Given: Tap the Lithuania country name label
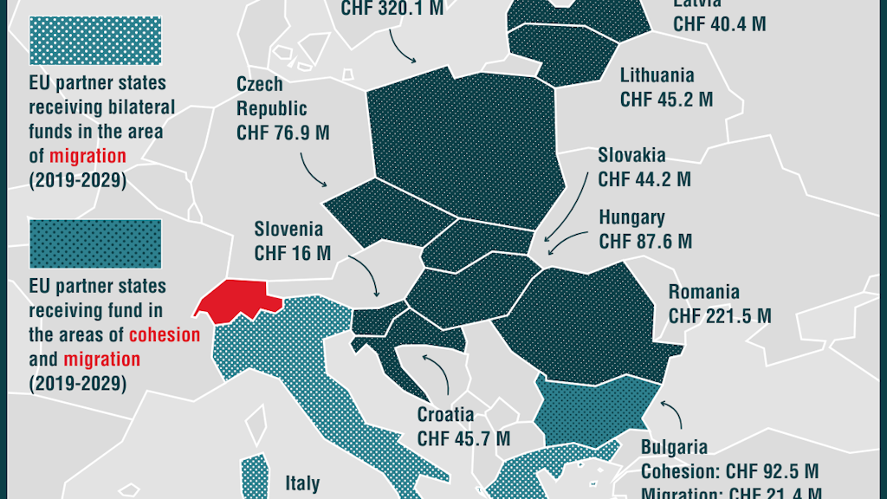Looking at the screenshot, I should (657, 75).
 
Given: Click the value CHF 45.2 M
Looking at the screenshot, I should (666, 100).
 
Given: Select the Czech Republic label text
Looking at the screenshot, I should (272, 96).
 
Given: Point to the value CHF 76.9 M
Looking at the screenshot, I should (282, 133).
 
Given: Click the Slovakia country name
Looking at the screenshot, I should (631, 156).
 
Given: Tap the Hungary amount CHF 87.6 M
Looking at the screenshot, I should (645, 242).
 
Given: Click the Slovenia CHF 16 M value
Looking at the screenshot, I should (292, 253).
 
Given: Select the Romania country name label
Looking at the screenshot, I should (703, 291).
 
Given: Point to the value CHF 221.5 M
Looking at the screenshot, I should (719, 315).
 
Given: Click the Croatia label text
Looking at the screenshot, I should (445, 414).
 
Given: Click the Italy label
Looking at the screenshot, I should (302, 483).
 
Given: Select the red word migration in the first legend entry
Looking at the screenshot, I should (87, 157).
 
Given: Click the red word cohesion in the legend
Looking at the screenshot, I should (165, 334).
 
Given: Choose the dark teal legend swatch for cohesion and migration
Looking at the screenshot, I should (95, 243).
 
